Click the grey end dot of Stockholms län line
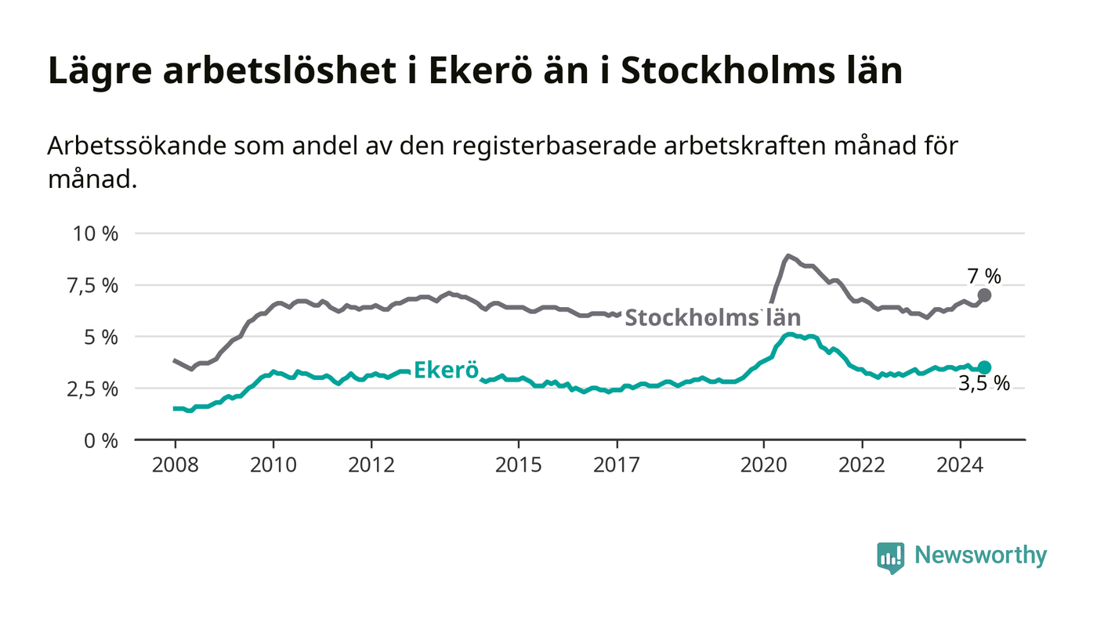coord(984,295)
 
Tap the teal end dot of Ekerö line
coord(984,367)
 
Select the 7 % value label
coord(984,276)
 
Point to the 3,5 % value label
coord(984,384)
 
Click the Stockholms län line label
coord(712,317)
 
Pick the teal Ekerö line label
coord(445,370)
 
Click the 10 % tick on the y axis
coord(96,233)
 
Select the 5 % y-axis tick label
coord(100,337)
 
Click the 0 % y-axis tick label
coord(100,440)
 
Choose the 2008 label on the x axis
coord(175,465)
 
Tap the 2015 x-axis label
coord(518,465)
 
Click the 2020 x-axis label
coord(763,465)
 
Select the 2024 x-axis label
coord(960,465)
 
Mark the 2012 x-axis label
coord(371,465)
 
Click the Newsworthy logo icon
coord(890,557)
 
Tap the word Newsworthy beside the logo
coord(981,555)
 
